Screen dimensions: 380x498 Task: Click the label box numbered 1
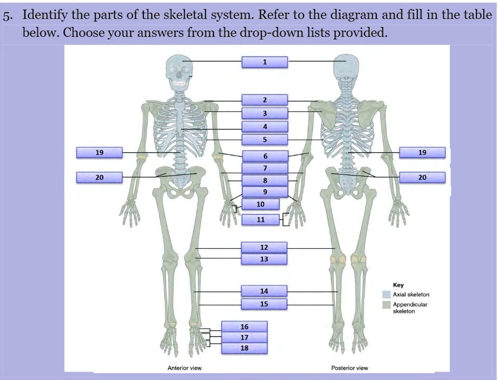265,62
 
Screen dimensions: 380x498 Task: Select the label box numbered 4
265,126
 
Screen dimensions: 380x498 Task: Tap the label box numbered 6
265,156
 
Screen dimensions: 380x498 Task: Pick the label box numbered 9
265,192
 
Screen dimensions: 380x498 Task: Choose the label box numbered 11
260,219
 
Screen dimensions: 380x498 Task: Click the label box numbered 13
264,259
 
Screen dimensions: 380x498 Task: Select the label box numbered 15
264,304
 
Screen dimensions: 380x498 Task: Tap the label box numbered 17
244,337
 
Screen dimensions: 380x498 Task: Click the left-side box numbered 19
99,153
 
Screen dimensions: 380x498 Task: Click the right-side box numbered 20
422,177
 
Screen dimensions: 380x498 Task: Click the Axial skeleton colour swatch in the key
386,295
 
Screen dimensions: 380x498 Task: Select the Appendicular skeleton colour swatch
386,305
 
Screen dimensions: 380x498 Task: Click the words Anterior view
184,368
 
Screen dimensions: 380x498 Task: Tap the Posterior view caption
349,368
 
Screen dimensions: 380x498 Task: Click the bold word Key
398,285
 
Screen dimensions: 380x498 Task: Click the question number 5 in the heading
6,16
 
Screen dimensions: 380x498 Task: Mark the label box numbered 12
264,247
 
